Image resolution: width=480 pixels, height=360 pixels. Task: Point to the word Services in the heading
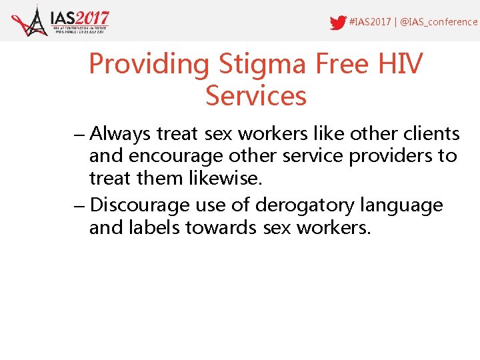coord(256,96)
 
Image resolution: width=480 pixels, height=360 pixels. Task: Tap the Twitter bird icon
coord(338,23)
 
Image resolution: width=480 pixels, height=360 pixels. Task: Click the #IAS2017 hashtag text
coord(370,22)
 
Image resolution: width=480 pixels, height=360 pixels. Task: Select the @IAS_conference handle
coord(438,22)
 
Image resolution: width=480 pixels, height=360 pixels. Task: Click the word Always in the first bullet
coord(121,135)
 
